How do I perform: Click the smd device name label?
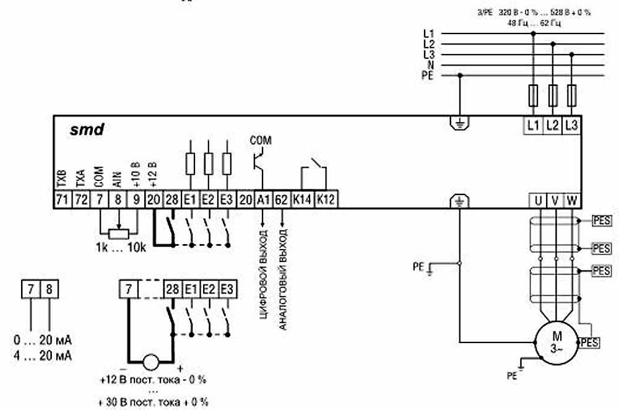[x=87, y=131]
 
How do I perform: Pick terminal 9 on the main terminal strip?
[x=136, y=199]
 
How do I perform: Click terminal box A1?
[x=263, y=199]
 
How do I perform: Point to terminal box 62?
[x=281, y=199]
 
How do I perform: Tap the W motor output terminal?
[x=572, y=199]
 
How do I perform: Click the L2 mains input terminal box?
[x=552, y=124]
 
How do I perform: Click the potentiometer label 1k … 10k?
[x=121, y=248]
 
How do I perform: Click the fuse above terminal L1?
[x=533, y=96]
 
